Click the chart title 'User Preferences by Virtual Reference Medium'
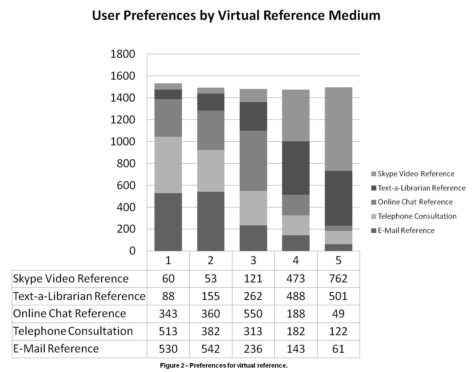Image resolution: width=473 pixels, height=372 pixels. click(236, 16)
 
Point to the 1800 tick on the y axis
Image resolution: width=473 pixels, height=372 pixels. click(123, 54)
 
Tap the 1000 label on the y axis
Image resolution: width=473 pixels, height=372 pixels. click(123, 142)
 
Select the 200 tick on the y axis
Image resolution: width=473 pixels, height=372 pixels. click(126, 229)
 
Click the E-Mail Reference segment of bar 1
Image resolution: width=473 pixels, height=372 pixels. click(168, 222)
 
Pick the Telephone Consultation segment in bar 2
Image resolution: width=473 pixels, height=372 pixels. click(210, 171)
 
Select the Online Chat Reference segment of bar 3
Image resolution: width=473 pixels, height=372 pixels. click(253, 161)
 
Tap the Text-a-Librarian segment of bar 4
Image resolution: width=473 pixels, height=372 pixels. click(296, 168)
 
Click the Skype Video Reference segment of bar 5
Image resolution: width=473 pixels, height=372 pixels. click(338, 129)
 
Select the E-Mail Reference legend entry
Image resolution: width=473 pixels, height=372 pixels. click(406, 231)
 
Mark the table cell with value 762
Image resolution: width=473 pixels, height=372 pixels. click(338, 278)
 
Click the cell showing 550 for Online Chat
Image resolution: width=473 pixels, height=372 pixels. click(253, 314)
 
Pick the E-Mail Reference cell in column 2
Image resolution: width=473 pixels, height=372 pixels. click(210, 349)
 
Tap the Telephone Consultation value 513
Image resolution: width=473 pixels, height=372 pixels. click(168, 331)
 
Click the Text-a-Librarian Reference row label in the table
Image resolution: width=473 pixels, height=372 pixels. click(79, 296)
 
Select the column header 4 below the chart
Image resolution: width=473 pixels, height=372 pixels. click(296, 260)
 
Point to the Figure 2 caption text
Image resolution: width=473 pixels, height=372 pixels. click(224, 366)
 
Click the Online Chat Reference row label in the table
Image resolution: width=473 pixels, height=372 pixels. click(70, 314)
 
